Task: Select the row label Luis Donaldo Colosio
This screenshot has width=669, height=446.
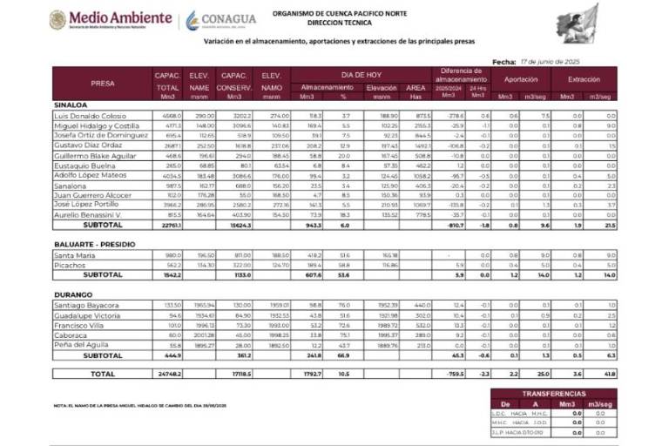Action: coord(91,116)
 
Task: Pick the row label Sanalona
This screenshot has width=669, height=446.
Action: coord(70,185)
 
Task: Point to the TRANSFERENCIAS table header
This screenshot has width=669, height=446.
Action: coord(554,394)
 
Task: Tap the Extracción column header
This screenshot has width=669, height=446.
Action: coord(587,78)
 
